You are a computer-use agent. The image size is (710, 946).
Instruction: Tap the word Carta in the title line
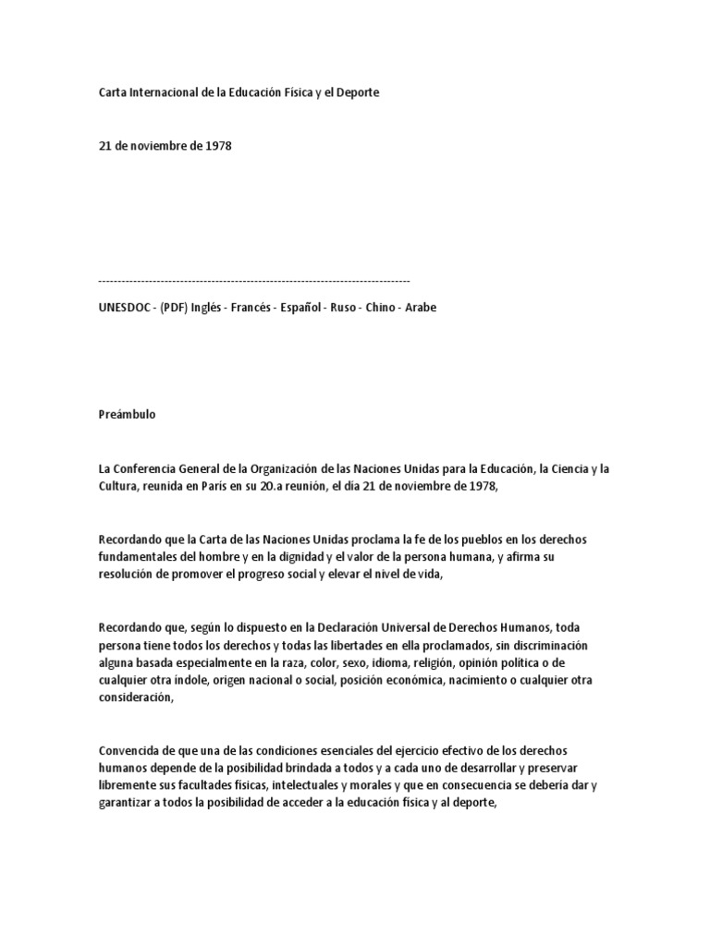click(x=112, y=93)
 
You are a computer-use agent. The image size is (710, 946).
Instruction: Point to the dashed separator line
click(x=253, y=279)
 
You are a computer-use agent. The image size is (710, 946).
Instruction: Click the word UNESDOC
click(x=122, y=308)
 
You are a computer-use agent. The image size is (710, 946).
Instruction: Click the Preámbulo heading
click(x=127, y=414)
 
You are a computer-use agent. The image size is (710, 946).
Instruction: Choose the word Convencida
click(x=127, y=751)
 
